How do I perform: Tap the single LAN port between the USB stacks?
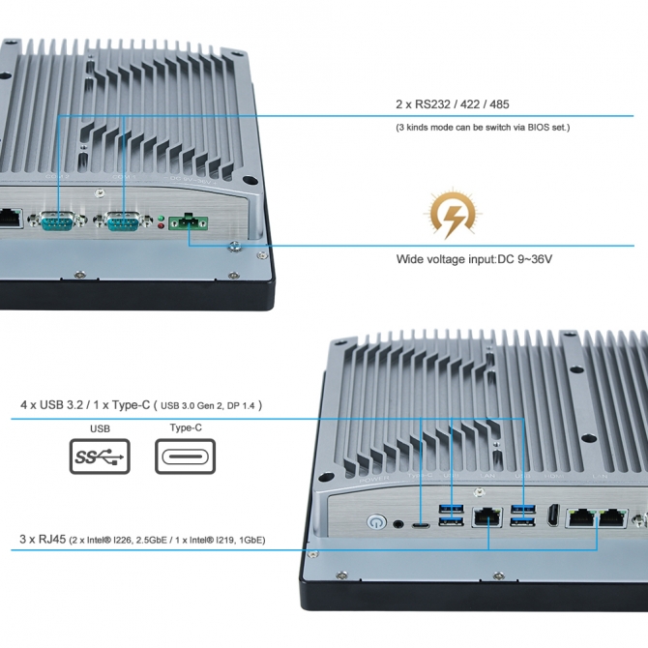pos(486,519)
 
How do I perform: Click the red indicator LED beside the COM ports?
pos(161,224)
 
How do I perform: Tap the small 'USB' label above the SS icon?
pos(100,427)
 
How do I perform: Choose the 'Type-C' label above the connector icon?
pos(185,427)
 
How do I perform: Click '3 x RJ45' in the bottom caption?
pos(42,540)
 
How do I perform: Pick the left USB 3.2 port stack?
pos(451,516)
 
